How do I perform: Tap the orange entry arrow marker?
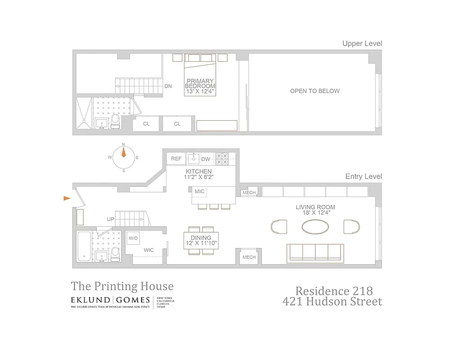click(67, 198)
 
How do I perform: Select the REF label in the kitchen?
click(176, 159)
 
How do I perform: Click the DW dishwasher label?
click(206, 159)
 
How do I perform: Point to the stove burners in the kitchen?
click(222, 158)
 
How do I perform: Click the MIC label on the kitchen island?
click(199, 192)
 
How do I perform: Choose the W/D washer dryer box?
click(134, 238)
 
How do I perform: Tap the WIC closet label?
click(149, 250)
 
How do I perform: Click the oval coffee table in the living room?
click(315, 226)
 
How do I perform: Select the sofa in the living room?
click(316, 252)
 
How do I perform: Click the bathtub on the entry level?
click(84, 246)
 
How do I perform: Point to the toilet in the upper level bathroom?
click(115, 121)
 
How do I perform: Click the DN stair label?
click(168, 86)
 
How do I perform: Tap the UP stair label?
click(110, 219)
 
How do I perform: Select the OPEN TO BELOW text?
click(315, 91)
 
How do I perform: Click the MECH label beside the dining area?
click(249, 257)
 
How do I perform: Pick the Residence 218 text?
click(333, 291)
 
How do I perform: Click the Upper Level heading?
click(362, 44)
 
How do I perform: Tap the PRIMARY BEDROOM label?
click(200, 84)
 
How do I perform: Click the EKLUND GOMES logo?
click(110, 300)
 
